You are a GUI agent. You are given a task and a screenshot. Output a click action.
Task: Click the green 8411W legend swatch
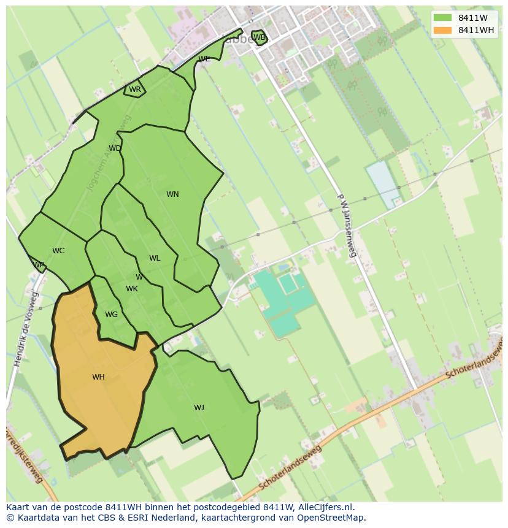coord(441,18)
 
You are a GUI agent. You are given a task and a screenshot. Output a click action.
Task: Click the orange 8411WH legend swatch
coord(441,30)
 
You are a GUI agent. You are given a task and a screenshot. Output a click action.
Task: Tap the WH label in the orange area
coord(98,377)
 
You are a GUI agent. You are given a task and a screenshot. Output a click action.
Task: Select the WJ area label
coord(199,408)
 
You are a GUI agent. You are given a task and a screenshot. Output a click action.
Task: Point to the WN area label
coord(172,194)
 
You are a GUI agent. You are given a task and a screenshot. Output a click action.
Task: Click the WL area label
coord(155,258)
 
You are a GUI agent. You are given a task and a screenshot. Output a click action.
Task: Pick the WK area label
coord(132,289)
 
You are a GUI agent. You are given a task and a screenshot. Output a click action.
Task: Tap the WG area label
coord(111,315)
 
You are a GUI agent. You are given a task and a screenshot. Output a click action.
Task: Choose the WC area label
coord(58,251)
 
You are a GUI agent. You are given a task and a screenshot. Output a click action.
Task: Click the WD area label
coord(115,148)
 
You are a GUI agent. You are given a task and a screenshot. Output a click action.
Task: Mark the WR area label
coord(135,90)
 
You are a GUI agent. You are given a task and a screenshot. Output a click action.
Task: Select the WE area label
coord(204,59)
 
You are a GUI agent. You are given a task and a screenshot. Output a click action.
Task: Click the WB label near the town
coord(260,37)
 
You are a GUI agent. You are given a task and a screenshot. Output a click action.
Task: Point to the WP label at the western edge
coord(39,266)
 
